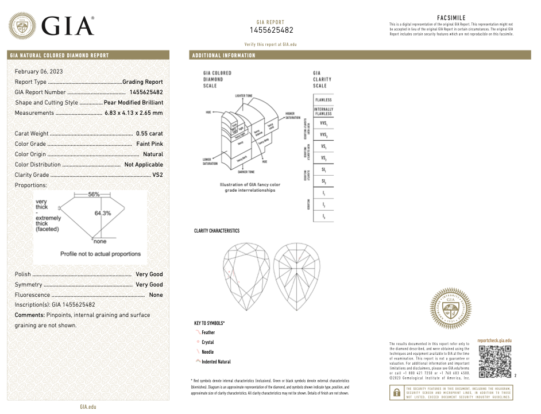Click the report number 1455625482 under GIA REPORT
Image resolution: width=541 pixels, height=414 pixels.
coord(271,30)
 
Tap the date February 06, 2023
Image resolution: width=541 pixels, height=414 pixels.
coord(39,71)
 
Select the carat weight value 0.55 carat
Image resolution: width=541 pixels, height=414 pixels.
coord(149,133)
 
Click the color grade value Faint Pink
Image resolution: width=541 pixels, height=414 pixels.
coord(149,144)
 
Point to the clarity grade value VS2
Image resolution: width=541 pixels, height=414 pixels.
coord(157,175)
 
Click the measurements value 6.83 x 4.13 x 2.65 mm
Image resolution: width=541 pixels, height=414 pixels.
coord(133,113)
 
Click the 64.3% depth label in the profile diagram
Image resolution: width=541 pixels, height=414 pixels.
coord(103,213)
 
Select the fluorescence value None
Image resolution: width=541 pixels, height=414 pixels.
coord(156,295)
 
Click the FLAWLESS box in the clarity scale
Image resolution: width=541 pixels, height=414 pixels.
coord(323,100)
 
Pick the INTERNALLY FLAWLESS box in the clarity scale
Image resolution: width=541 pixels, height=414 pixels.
coord(323,111)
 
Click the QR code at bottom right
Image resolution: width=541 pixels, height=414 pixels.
coord(494,362)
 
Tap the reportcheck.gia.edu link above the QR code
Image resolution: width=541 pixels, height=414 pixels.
coord(494,341)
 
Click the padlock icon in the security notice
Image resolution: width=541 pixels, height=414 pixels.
coord(396,393)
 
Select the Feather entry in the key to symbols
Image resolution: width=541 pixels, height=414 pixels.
coord(208,332)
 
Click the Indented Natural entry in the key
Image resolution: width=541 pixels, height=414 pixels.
coord(216,362)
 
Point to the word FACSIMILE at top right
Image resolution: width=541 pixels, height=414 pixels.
coord(451,18)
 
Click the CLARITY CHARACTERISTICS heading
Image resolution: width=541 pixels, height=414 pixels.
coord(217,231)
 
